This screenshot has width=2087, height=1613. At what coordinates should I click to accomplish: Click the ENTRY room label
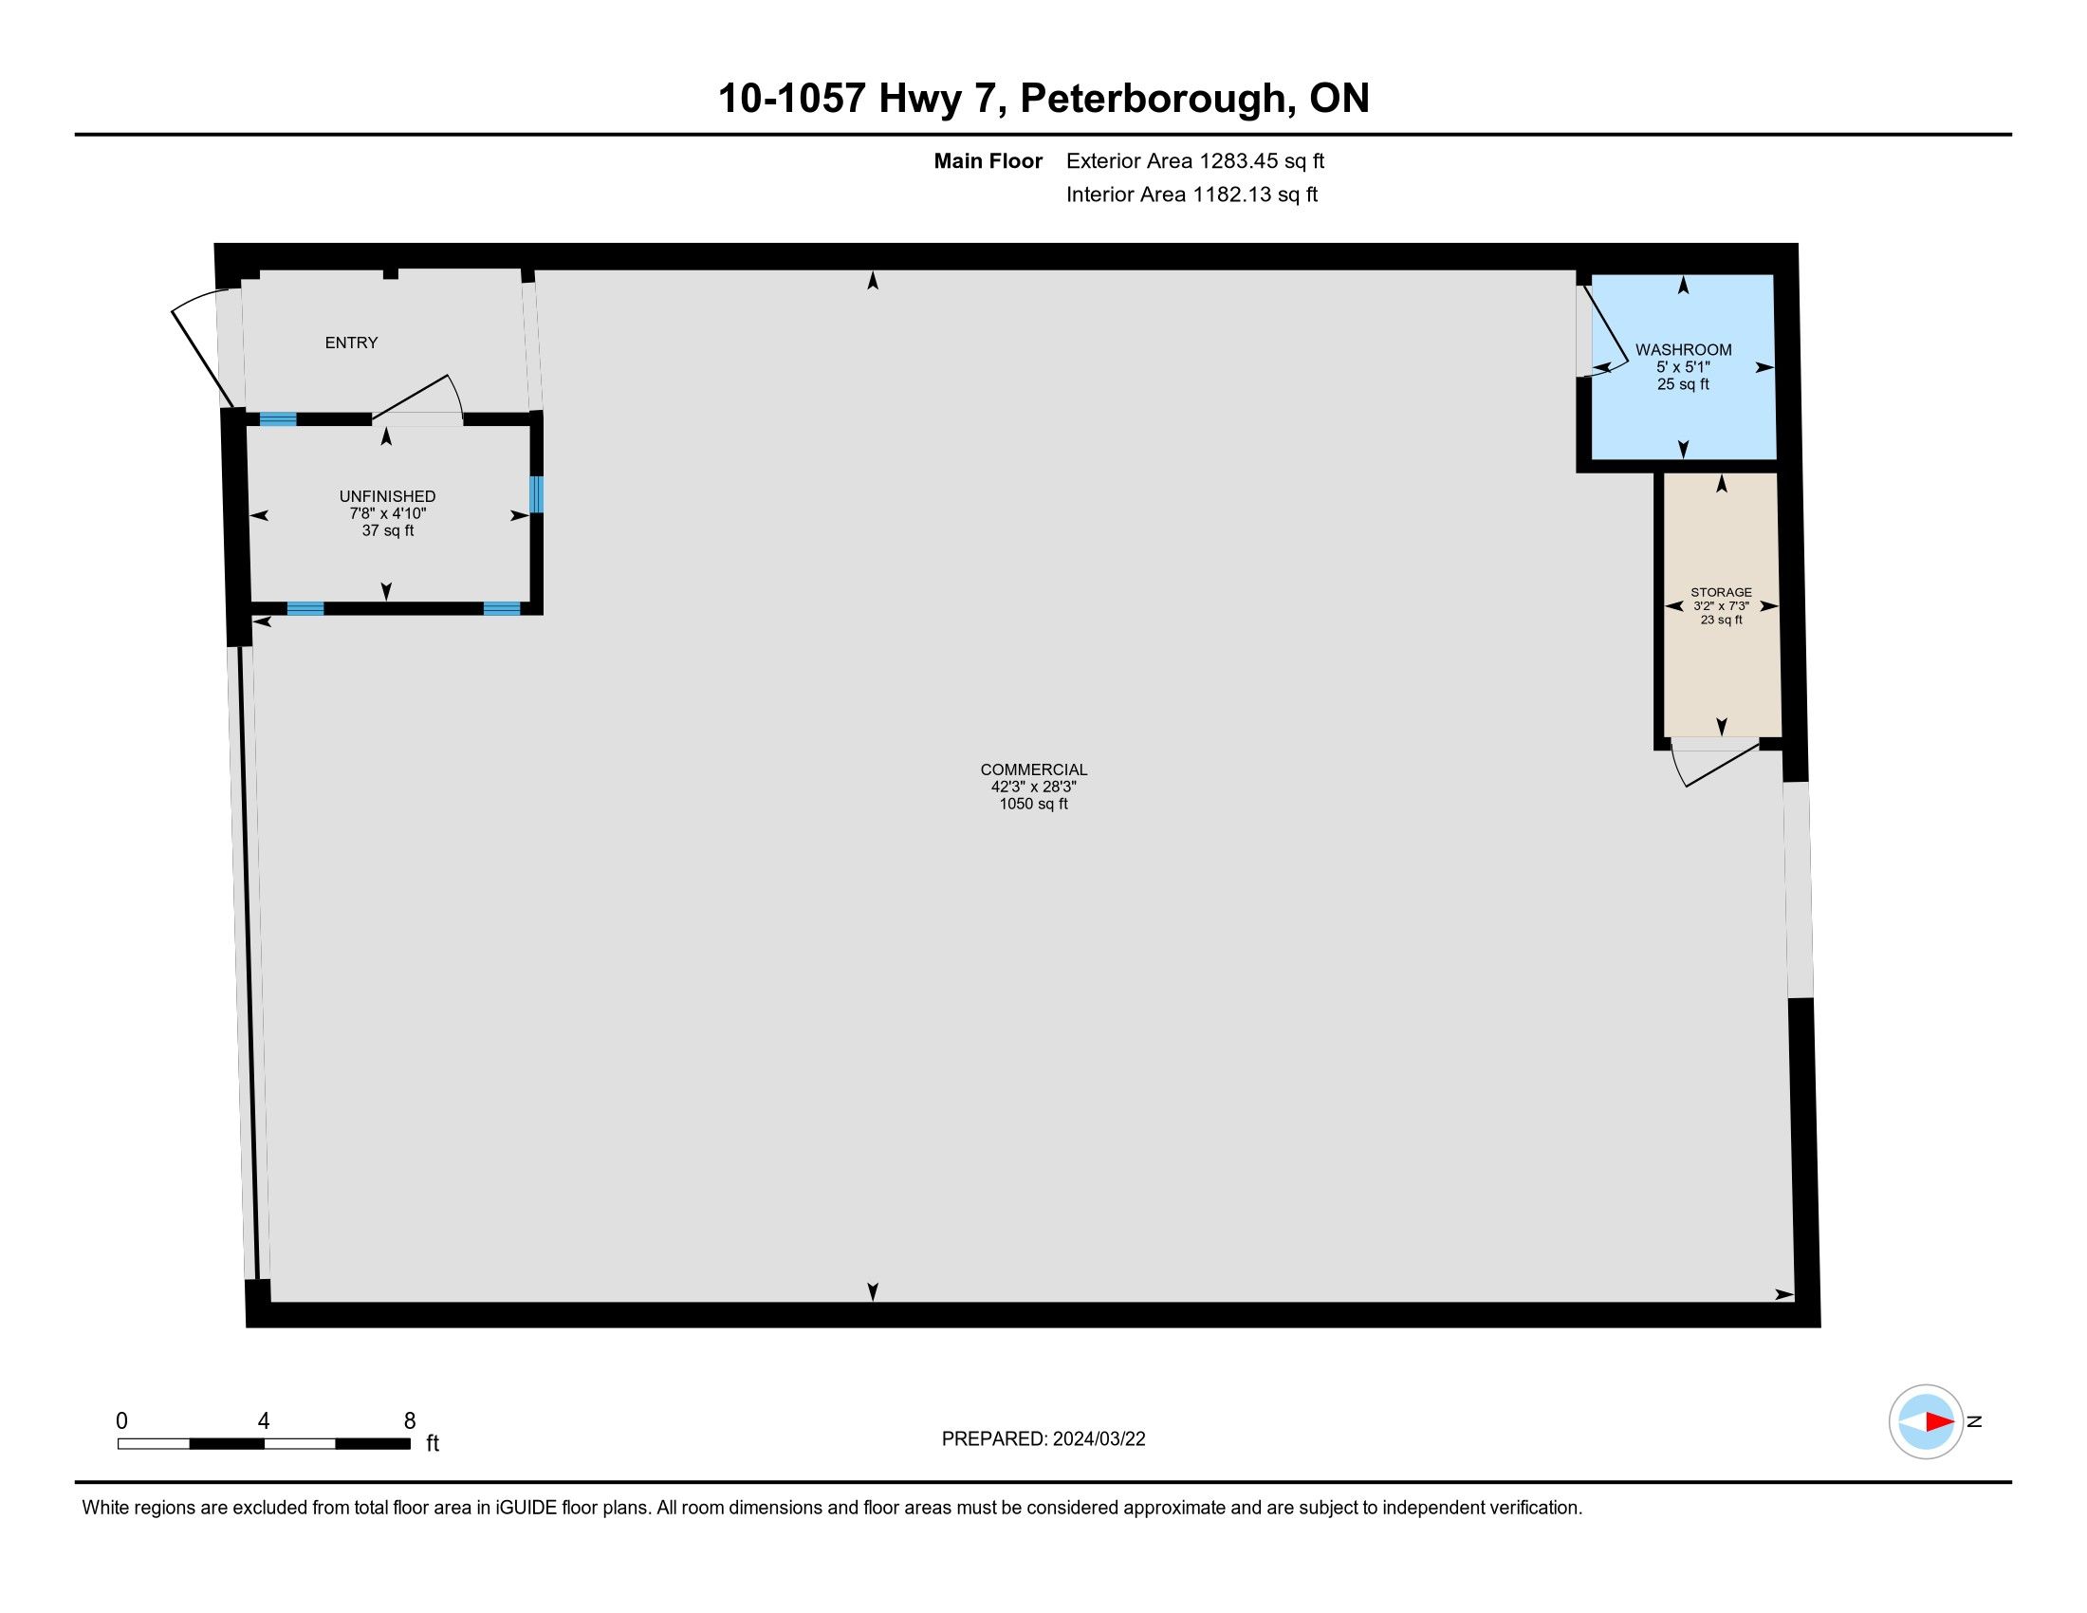tap(351, 343)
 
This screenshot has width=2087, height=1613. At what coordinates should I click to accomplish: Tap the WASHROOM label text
tap(1683, 350)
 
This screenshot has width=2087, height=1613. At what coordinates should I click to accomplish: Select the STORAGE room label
tap(1721, 592)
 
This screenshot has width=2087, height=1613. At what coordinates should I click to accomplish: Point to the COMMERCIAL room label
tap(1033, 769)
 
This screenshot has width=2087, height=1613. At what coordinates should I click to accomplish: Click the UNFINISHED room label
tap(387, 496)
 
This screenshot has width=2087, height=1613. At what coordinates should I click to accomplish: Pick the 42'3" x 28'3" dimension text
tap(1033, 787)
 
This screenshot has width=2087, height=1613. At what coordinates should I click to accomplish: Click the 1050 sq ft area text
tap(1033, 804)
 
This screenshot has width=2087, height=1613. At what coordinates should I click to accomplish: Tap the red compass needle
tap(1939, 1422)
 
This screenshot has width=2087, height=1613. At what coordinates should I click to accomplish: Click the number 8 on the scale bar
tap(410, 1421)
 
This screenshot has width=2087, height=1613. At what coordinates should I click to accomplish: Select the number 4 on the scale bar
tap(264, 1421)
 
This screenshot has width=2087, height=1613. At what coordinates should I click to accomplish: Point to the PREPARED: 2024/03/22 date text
tap(1043, 1439)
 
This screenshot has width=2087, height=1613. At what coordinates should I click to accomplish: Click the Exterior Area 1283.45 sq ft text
tap(1195, 161)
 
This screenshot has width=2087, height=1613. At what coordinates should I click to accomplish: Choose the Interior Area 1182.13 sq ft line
tap(1191, 195)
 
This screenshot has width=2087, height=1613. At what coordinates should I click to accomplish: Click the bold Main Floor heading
tap(988, 161)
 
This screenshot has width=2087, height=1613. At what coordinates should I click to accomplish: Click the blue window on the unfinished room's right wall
tap(536, 495)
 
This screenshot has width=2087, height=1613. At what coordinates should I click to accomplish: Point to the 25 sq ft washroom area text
tap(1683, 384)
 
